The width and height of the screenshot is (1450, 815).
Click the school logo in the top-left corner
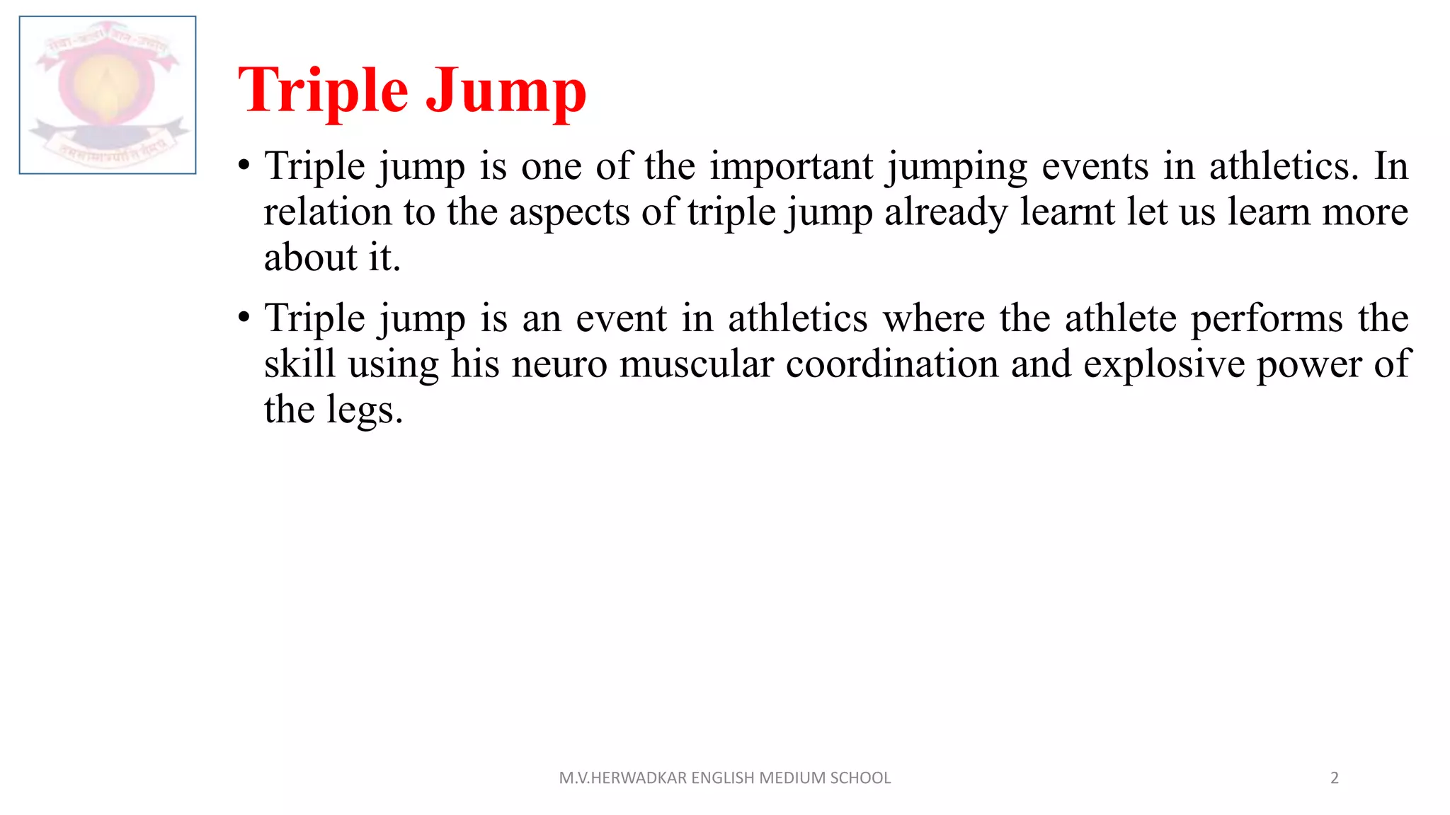108,95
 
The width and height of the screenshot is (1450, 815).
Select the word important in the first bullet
792,167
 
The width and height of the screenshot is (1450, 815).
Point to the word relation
327,212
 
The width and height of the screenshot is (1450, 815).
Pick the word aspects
569,214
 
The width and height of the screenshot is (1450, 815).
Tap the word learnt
1067,212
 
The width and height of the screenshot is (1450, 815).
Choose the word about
310,258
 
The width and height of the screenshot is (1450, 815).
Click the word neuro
559,365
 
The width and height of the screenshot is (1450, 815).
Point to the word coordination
891,365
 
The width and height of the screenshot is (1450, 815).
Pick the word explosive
1164,365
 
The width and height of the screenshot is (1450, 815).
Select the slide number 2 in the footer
1335,778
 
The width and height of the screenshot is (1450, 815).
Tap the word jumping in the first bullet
957,168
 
